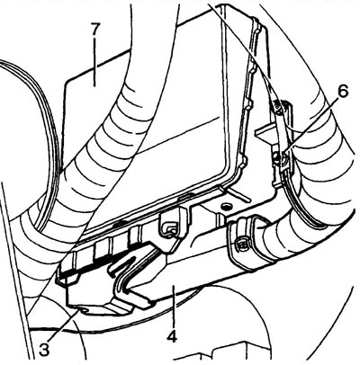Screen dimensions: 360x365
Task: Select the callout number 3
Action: tap(44, 350)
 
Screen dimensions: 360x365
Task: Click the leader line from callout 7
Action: tap(94, 64)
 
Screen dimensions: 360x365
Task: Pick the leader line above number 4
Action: tap(173, 307)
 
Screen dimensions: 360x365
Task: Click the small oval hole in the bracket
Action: tap(224, 206)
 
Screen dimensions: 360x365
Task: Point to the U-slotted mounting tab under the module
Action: tap(173, 225)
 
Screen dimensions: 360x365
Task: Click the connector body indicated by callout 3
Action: tap(99, 288)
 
